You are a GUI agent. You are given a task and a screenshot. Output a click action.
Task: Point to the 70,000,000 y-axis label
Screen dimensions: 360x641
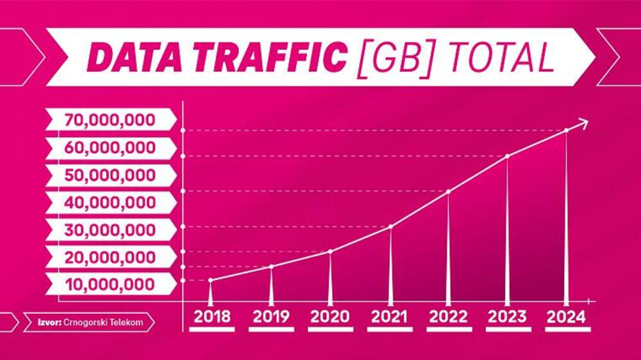point(110,120)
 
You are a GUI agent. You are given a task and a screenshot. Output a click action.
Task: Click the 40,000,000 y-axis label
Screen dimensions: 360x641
point(110,202)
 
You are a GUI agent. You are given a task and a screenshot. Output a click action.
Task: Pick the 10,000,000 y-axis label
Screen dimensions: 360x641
point(110,284)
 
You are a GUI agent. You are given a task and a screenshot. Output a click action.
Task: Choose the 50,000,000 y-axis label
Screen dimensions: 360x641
point(110,175)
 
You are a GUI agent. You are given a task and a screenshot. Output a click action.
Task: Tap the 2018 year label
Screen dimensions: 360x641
point(212,316)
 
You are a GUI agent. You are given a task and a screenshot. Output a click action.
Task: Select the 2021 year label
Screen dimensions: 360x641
point(390,316)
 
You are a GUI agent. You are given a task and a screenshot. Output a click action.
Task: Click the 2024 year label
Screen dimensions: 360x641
point(567,316)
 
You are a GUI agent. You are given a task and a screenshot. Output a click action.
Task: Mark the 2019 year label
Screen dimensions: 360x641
point(271,316)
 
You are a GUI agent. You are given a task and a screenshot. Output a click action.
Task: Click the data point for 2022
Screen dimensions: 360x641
point(448,192)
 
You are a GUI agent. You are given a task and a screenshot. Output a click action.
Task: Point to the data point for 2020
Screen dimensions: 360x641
point(330,251)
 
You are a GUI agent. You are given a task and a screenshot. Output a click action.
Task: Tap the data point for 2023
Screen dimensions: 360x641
point(507,156)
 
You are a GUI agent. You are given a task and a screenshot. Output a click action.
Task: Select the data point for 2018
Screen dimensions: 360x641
point(211,280)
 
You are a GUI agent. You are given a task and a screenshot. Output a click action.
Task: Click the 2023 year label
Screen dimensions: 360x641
point(507,316)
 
